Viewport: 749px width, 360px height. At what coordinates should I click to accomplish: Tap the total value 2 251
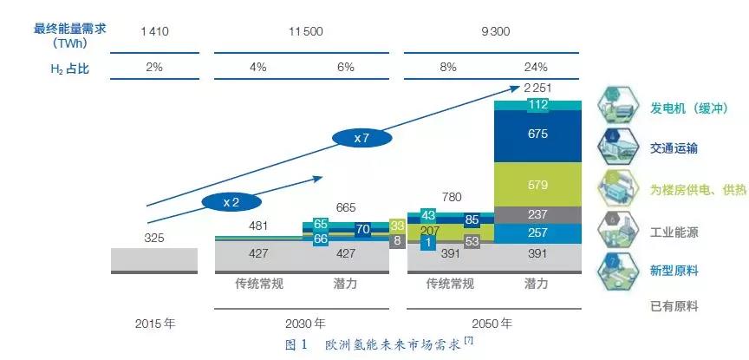click(537, 87)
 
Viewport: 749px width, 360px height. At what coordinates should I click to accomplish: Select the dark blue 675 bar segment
click(537, 135)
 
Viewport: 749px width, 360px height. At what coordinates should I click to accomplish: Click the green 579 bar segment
click(537, 185)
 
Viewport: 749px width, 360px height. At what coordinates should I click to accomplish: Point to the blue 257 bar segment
click(537, 233)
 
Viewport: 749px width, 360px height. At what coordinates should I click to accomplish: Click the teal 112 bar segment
click(537, 106)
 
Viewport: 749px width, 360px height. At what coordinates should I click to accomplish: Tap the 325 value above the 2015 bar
click(154, 238)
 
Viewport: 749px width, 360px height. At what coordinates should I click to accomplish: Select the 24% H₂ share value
click(536, 67)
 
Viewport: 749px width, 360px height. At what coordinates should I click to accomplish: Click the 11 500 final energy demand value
click(305, 31)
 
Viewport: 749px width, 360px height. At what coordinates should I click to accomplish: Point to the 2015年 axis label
click(155, 324)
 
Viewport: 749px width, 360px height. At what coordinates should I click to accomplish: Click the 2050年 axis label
click(492, 324)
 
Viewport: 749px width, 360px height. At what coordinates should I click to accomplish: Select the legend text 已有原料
click(674, 306)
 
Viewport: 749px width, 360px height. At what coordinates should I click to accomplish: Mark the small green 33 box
click(398, 225)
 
